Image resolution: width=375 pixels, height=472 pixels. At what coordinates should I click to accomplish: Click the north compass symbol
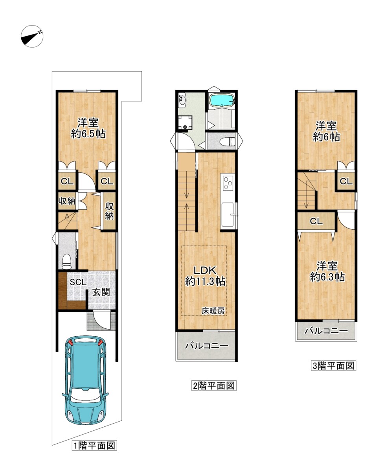tap(32, 36)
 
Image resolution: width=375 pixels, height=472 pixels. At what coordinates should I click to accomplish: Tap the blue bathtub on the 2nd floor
tap(222, 100)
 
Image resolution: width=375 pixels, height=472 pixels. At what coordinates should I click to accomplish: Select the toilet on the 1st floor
tap(66, 261)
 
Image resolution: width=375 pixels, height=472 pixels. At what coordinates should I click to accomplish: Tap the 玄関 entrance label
tap(101, 292)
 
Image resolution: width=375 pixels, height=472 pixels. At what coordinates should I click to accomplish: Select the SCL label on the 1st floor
tap(78, 282)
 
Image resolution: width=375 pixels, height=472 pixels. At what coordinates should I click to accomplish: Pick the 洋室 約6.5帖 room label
tap(88, 128)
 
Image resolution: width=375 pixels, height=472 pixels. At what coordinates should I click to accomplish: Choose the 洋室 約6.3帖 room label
tap(327, 272)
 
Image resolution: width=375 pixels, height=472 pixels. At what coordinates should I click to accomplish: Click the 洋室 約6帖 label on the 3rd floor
tap(326, 132)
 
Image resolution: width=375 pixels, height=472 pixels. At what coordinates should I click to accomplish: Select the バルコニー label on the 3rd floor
tap(326, 331)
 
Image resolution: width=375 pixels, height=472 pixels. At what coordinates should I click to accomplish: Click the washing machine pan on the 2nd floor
tap(185, 123)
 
